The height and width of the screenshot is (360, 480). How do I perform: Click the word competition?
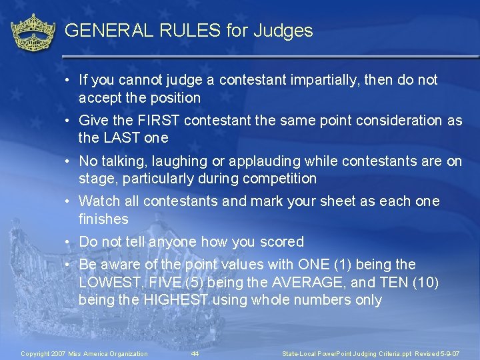click(283, 179)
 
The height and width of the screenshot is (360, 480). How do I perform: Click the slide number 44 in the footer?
click(195, 353)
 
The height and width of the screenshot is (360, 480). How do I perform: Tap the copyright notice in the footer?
click(85, 353)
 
